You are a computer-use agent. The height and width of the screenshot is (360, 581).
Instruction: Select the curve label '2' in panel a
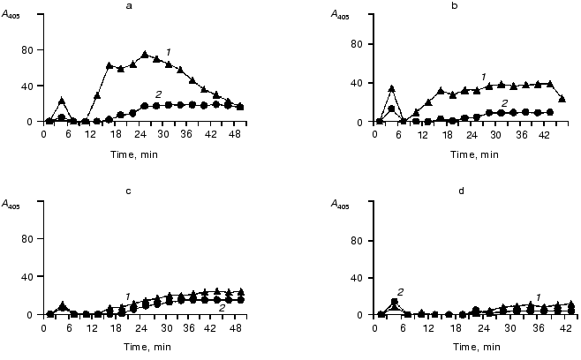tap(158, 94)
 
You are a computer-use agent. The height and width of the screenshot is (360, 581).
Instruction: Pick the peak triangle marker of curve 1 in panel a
tap(145, 55)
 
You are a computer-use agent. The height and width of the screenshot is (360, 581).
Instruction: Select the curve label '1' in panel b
tap(484, 75)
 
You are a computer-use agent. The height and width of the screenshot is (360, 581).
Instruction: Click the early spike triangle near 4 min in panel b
tap(391, 89)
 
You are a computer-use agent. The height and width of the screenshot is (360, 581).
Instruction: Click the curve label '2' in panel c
tap(222, 308)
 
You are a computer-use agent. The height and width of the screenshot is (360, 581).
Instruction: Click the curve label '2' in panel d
tap(400, 292)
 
